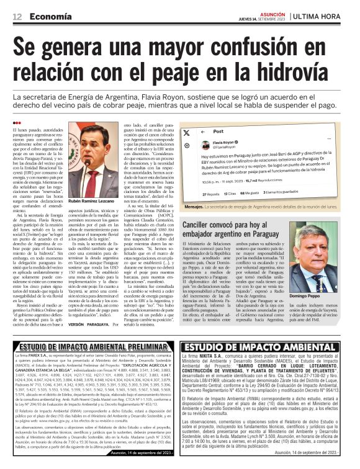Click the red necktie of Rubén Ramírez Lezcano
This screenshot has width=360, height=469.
click(x=88, y=161)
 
